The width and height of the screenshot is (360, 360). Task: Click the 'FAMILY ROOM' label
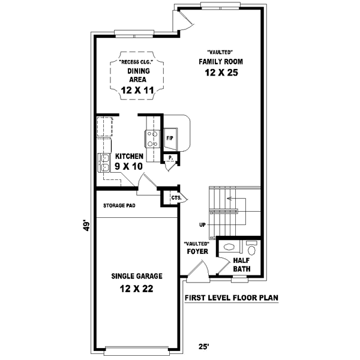pos(220,62)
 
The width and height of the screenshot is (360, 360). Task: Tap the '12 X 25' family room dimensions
pos(220,73)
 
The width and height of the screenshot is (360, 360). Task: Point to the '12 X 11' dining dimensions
pos(137,90)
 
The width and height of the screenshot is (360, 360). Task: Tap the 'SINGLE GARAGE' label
pos(137,277)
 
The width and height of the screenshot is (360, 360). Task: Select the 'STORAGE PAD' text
pos(119,205)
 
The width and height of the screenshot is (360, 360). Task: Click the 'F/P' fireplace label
pos(170,138)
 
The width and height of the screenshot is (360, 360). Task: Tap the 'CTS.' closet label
pos(176,197)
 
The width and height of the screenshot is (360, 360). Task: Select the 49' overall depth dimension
pos(88,226)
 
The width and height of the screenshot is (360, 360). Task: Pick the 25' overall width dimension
pos(204,346)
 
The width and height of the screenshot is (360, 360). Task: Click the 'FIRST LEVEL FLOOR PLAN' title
pos(230,298)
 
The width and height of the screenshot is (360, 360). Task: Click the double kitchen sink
pos(104,162)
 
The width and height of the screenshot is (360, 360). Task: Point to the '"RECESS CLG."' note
pos(136,62)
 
